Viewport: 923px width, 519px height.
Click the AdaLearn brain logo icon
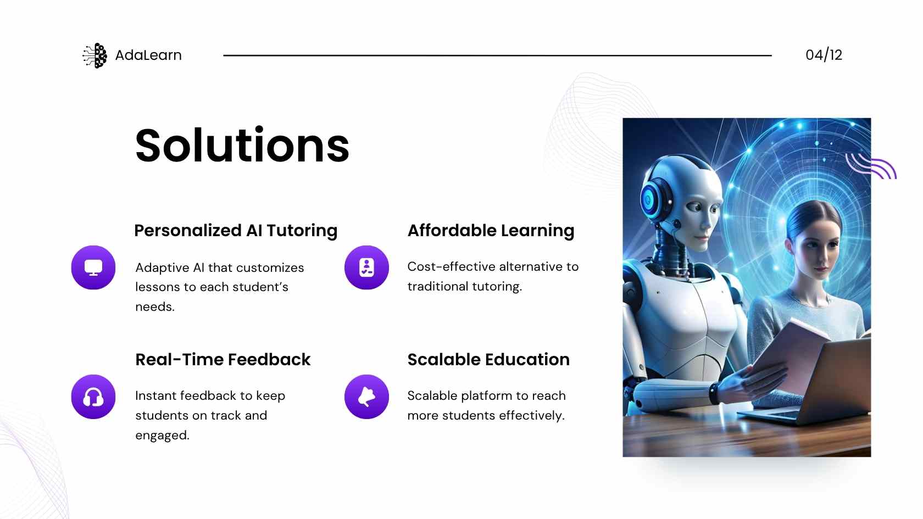[94, 55]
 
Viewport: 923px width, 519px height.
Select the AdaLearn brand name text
[148, 55]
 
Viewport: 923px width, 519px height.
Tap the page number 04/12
[824, 55]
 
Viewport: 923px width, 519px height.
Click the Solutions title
[242, 145]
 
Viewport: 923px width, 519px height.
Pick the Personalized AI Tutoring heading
[236, 230]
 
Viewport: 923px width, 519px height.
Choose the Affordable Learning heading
[491, 230]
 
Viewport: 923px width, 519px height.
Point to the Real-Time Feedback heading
[223, 359]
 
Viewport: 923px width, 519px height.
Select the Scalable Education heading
[489, 359]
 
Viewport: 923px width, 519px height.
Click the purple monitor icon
[93, 268]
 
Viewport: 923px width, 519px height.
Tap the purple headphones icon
[93, 397]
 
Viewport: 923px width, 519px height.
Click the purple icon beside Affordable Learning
[367, 268]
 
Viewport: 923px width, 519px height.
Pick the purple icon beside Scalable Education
[367, 397]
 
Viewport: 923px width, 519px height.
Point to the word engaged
[163, 436]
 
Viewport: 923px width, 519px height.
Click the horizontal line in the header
[497, 55]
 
